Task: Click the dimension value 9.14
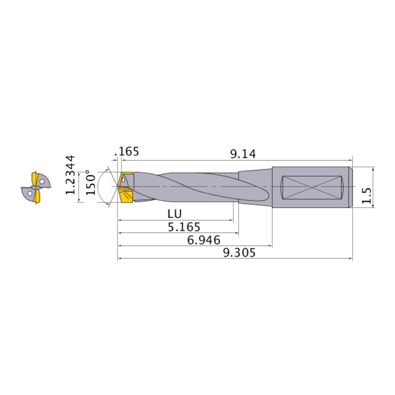click(243, 153)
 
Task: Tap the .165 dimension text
click(128, 152)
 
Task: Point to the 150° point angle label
click(91, 183)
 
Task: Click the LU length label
click(175, 214)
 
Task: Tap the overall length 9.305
click(238, 252)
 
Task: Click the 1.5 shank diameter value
click(367, 196)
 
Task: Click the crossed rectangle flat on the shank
click(313, 187)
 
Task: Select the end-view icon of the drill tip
click(36, 187)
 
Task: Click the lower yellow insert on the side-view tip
click(126, 196)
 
